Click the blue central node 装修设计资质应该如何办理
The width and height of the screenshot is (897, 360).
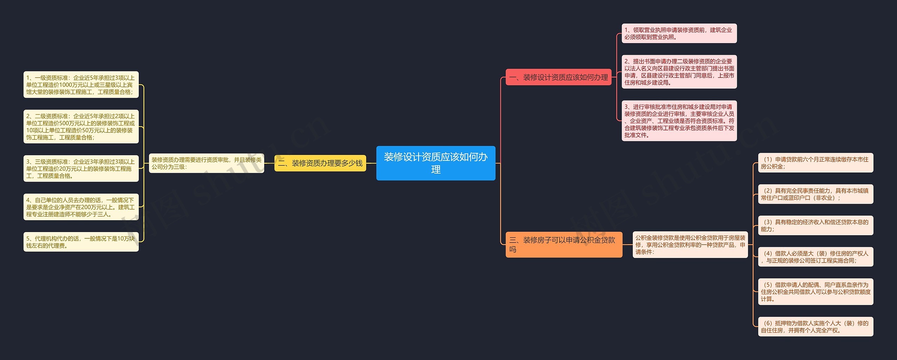(436, 163)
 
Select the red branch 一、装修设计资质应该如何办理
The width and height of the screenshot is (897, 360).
(558, 77)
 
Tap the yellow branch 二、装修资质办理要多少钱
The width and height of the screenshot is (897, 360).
(320, 163)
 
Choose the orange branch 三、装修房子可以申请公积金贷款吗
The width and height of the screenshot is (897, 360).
(563, 244)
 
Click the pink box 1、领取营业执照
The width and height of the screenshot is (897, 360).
(679, 33)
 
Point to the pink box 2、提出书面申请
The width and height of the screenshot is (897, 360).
(679, 72)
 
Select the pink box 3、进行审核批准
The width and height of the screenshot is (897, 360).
(679, 121)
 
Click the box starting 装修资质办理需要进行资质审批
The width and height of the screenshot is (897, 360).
(206, 163)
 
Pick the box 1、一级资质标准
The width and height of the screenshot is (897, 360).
(81, 84)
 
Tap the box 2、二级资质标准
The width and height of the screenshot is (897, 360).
(81, 126)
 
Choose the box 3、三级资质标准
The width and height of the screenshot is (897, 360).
(81, 168)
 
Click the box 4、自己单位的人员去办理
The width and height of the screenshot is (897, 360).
(81, 207)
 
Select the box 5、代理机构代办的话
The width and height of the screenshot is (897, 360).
(81, 242)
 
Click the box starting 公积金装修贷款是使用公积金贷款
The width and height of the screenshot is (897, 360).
(690, 244)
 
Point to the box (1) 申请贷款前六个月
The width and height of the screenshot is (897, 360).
(815, 163)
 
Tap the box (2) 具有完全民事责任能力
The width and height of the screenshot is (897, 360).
(815, 194)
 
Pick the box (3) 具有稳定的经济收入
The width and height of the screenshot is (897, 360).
(815, 225)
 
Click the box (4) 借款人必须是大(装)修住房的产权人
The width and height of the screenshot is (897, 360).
(815, 257)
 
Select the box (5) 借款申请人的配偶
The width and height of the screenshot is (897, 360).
(815, 291)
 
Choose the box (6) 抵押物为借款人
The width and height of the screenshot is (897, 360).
(815, 326)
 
